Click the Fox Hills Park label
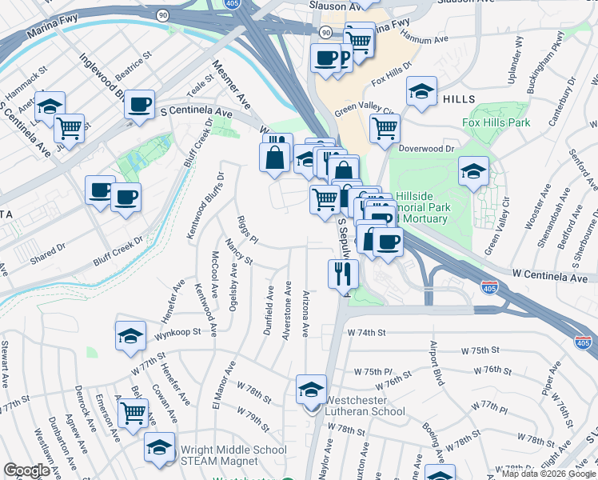coord(496,123)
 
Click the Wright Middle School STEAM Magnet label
coord(234,455)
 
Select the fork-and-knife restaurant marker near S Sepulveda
coord(343,275)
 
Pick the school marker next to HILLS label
coord(421,92)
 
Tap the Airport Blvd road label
coord(437,365)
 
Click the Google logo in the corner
coord(26,470)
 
